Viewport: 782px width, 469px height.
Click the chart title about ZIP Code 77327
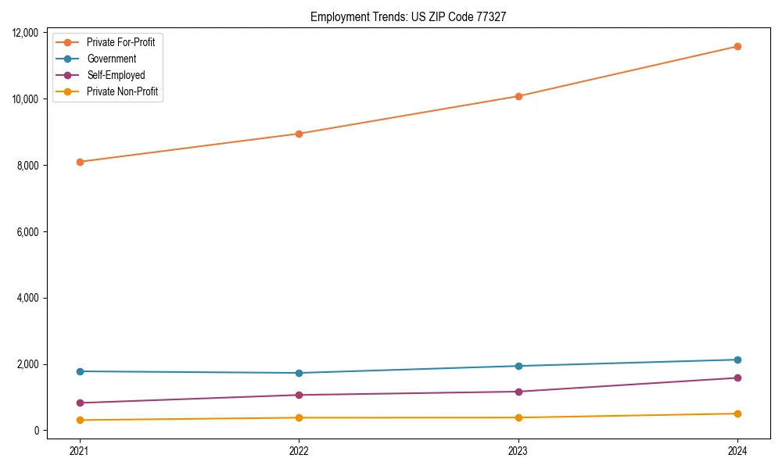click(408, 16)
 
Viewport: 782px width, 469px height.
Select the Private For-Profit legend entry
click(120, 42)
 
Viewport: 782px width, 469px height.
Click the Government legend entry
click(111, 59)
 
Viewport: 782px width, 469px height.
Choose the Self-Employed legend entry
click(116, 75)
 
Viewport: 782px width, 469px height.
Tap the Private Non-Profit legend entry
click(122, 91)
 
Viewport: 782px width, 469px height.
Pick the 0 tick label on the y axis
click(36, 431)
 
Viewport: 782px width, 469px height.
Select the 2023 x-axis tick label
click(518, 450)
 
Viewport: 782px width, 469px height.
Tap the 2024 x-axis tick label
click(737, 450)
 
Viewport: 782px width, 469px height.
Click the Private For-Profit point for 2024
click(737, 47)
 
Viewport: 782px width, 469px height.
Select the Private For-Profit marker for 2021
click(80, 162)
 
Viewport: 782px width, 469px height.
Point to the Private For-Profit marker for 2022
click(299, 134)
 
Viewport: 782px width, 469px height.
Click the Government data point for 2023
click(518, 366)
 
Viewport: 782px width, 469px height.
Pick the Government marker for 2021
click(80, 371)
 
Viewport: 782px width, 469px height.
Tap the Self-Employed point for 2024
click(737, 378)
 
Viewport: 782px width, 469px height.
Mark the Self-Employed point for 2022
click(299, 395)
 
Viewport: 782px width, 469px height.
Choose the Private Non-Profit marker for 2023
click(518, 417)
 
